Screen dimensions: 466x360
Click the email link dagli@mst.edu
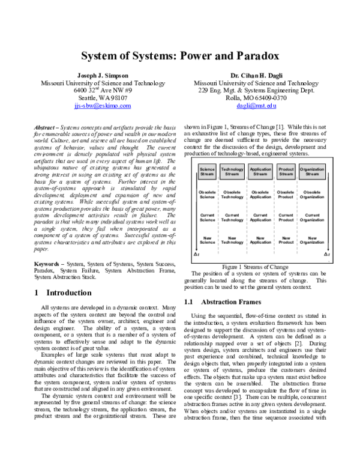[x=256, y=105]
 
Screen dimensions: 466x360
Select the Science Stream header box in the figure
[x=207, y=172]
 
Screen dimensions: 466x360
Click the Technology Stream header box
[x=232, y=172]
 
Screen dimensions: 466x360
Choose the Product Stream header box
[x=287, y=172]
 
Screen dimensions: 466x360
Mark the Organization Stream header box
[x=313, y=172]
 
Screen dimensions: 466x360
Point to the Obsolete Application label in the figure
[x=260, y=195]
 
